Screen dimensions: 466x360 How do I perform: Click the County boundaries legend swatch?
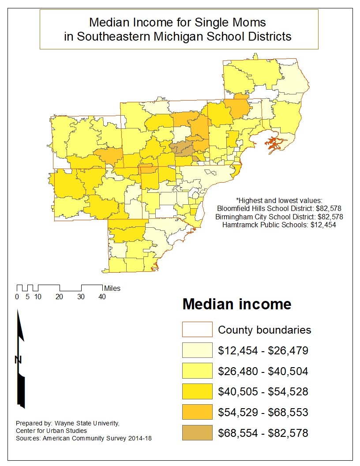(x=197, y=330)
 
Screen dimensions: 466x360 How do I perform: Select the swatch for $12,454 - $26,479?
(x=197, y=350)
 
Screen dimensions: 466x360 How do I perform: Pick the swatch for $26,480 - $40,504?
(x=197, y=371)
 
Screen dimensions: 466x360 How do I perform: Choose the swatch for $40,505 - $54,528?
(x=197, y=392)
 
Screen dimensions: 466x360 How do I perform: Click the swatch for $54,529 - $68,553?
(x=197, y=413)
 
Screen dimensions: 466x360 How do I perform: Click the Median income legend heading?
(x=237, y=304)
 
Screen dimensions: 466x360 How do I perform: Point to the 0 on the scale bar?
(x=17, y=297)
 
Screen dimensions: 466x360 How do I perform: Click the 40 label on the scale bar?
(x=102, y=297)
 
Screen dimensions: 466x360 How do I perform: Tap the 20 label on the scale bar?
(x=59, y=297)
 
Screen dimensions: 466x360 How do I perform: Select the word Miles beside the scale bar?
(x=112, y=289)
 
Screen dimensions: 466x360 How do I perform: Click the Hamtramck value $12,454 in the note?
(x=324, y=225)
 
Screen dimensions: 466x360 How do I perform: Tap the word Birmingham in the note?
(x=233, y=217)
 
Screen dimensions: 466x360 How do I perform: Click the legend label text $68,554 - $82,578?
(x=263, y=433)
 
